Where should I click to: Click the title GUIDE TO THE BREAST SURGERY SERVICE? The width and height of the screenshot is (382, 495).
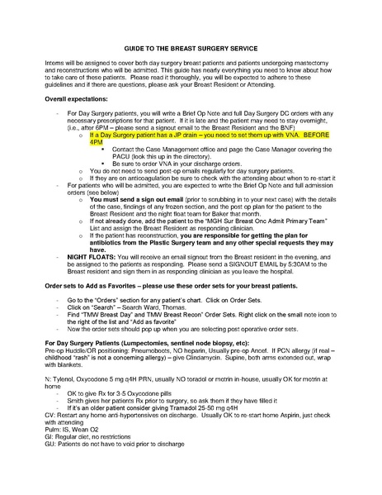coord(191,49)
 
